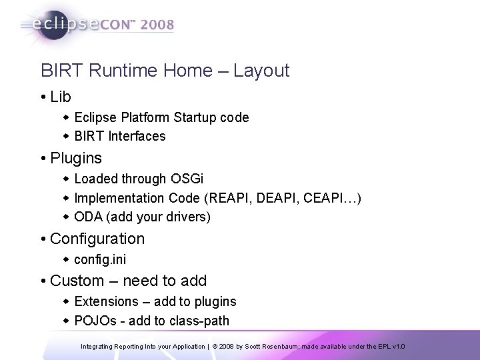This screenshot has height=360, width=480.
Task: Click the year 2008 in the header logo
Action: click(155, 25)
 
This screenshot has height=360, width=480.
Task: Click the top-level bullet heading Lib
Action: click(60, 97)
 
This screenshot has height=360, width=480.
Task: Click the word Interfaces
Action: click(136, 137)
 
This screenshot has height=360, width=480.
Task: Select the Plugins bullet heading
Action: click(76, 158)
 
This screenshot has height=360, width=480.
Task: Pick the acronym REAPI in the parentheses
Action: click(227, 198)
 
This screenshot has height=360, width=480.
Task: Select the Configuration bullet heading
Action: click(97, 239)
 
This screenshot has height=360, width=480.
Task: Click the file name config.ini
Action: click(101, 259)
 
